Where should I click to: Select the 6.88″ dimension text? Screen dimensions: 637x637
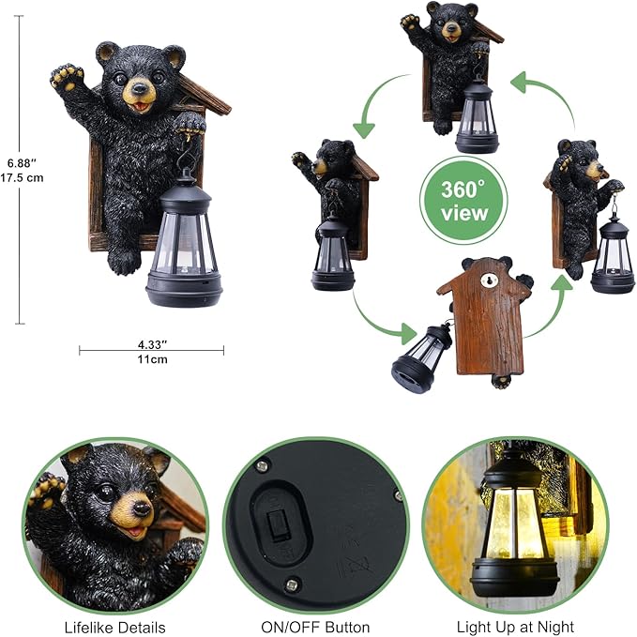[x=23, y=159]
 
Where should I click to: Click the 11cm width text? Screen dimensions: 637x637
[x=151, y=359]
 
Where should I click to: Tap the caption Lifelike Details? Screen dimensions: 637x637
[x=114, y=626]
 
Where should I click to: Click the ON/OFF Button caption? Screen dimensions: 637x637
[x=315, y=626]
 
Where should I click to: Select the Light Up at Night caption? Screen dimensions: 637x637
[x=515, y=626]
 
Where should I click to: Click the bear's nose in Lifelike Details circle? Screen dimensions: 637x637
[x=141, y=508]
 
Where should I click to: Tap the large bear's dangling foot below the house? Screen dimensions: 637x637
[x=123, y=261]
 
